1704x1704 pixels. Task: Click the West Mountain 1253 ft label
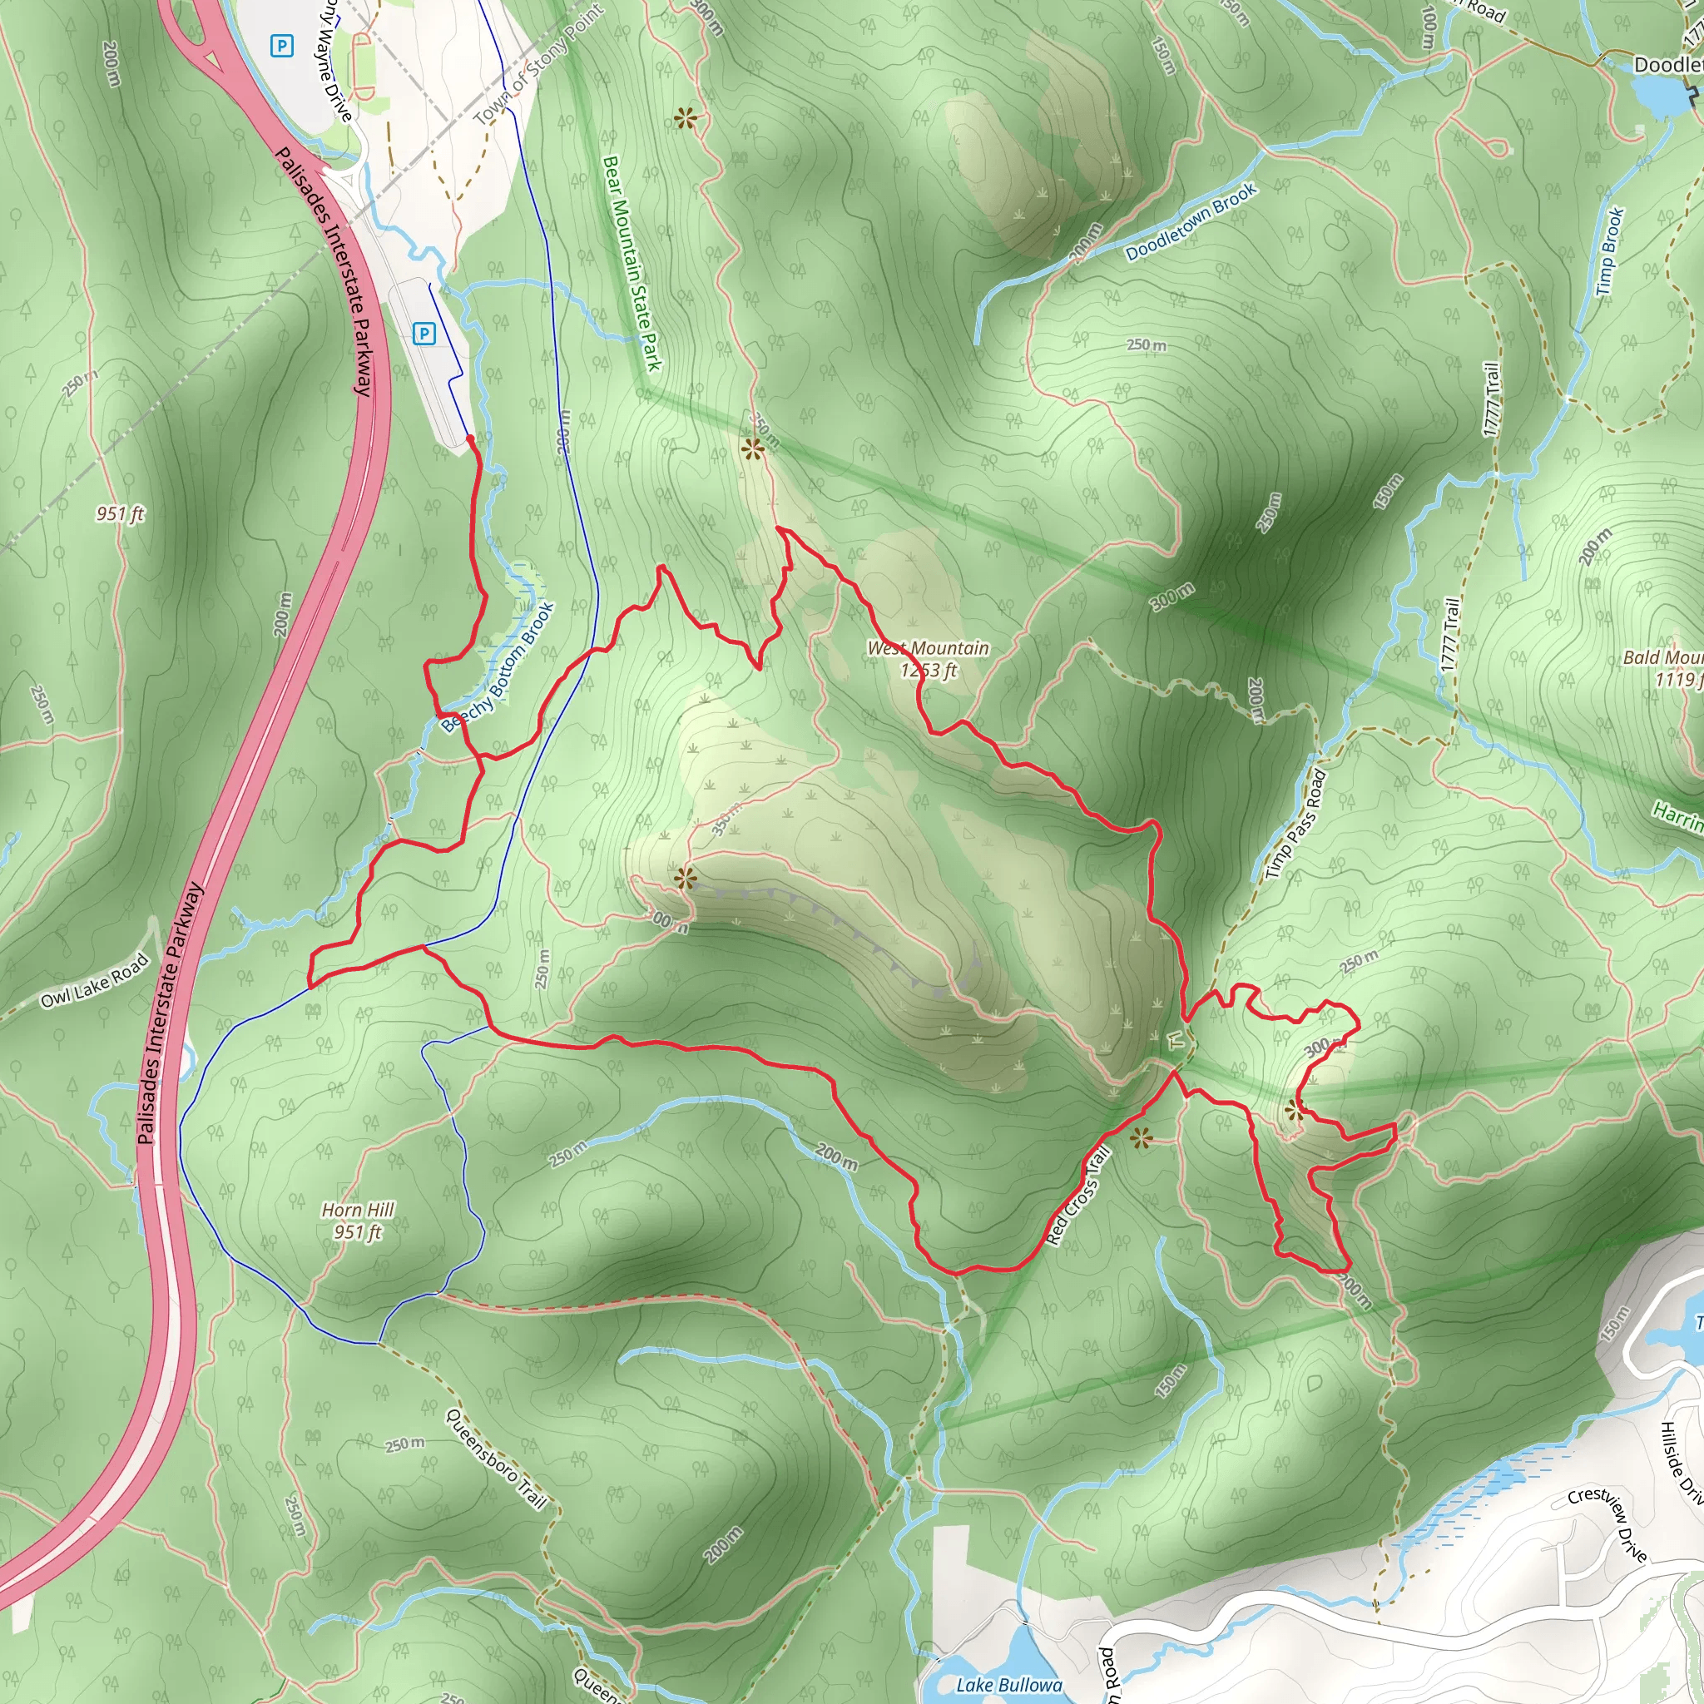tap(928, 659)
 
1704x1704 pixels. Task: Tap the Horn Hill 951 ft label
tap(357, 1221)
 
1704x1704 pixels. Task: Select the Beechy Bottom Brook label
tap(499, 666)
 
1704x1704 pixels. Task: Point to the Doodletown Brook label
tap(1191, 221)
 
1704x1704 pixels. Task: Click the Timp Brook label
tap(1610, 251)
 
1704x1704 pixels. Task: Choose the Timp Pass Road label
tap(1295, 824)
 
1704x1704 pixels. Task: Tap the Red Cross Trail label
tap(1077, 1195)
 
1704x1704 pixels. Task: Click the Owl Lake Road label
tap(94, 981)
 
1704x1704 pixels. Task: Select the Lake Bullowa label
tap(1009, 1686)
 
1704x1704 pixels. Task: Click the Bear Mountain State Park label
tap(632, 263)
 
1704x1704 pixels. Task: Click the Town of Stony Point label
tap(538, 64)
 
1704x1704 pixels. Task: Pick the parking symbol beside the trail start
tap(424, 334)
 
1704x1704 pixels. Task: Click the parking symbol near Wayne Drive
tap(281, 46)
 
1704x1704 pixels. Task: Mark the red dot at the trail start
tap(469, 438)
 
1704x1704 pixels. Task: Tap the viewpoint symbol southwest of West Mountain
tap(686, 878)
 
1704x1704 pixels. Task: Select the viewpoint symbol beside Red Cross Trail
tap(1141, 1137)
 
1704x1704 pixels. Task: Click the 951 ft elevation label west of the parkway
tap(121, 513)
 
